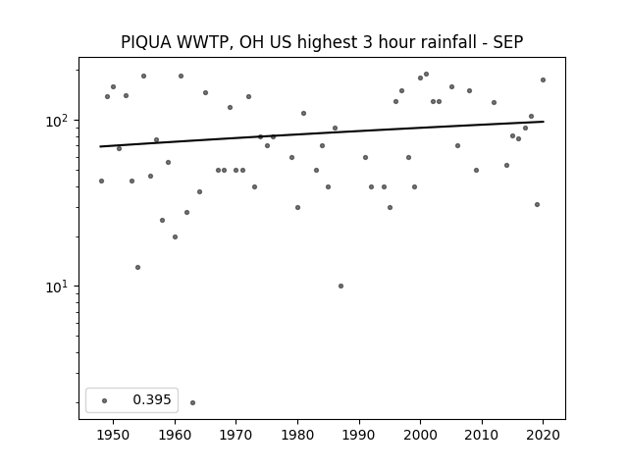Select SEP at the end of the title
click(x=508, y=42)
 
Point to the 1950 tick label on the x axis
click(x=114, y=435)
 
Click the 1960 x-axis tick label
click(x=175, y=435)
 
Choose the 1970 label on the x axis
click(x=236, y=435)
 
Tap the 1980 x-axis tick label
click(x=297, y=435)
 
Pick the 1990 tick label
click(x=359, y=435)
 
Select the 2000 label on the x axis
click(x=421, y=435)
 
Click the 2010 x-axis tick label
click(x=482, y=435)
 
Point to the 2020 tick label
click(x=543, y=435)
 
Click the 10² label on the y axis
click(x=59, y=120)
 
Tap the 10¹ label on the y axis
click(x=59, y=287)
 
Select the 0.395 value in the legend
click(x=152, y=399)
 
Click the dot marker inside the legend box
click(x=105, y=400)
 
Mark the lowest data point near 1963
click(x=192, y=402)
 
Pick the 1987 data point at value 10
click(x=340, y=286)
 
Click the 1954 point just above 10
click(x=137, y=267)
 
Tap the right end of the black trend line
click(x=544, y=122)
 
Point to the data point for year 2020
click(x=543, y=80)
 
